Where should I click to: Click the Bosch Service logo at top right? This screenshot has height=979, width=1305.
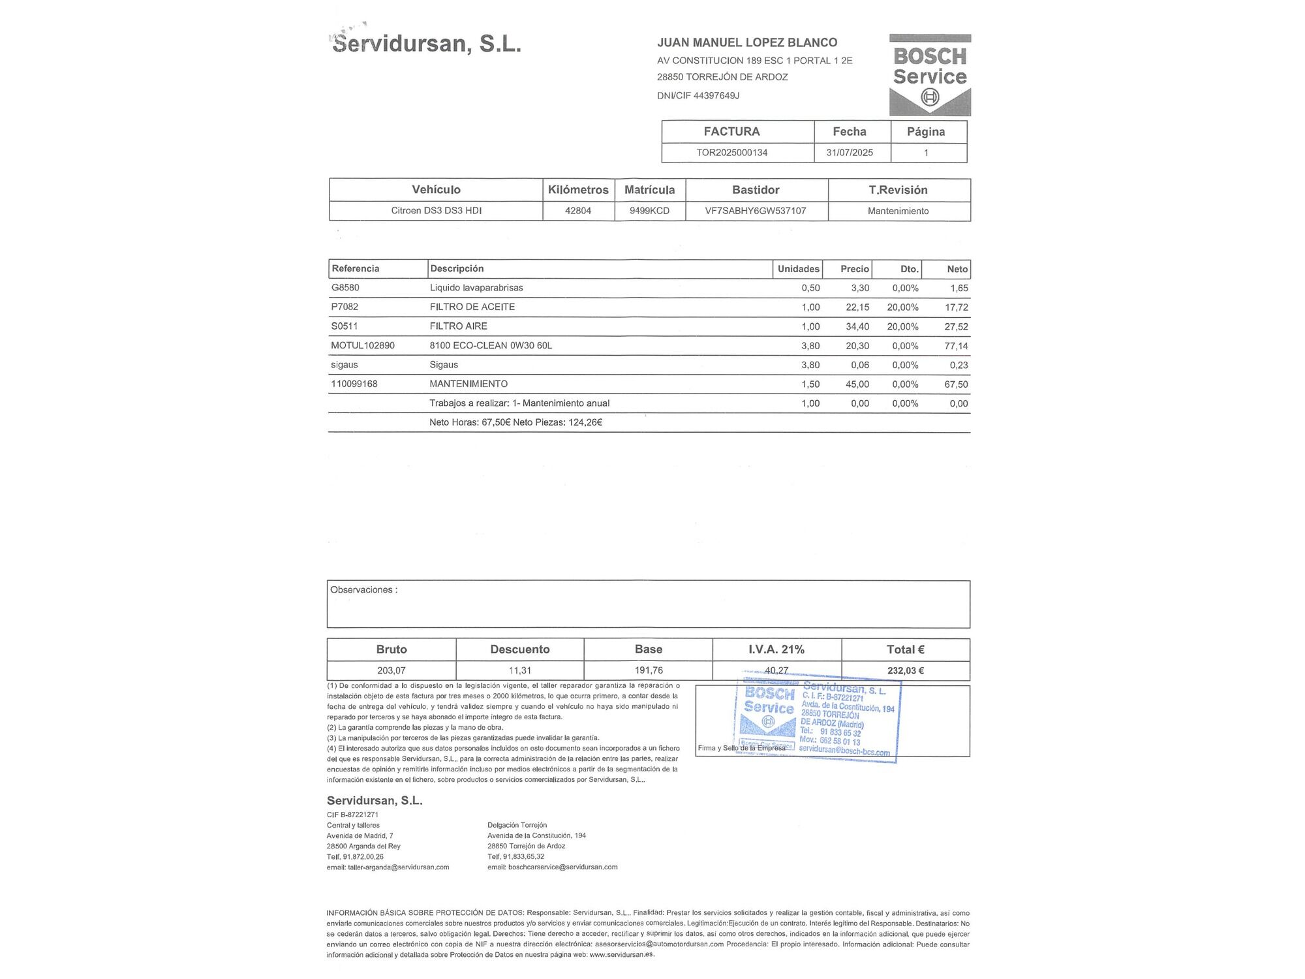coord(929,75)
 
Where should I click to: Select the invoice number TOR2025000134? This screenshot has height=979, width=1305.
coord(731,153)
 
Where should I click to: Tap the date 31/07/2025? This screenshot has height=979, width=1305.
coord(849,153)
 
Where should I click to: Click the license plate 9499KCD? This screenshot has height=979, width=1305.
coord(649,211)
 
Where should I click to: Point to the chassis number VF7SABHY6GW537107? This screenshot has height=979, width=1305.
coord(756,211)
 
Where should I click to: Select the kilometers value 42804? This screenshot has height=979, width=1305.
coord(578,211)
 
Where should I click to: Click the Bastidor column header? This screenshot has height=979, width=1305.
coord(756,190)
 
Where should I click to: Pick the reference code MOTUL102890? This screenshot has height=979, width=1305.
coord(363,345)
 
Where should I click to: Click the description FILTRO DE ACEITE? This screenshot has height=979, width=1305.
coord(472,307)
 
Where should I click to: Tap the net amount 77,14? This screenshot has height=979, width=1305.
coord(956,346)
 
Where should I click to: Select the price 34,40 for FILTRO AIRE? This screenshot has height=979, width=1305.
coord(857,326)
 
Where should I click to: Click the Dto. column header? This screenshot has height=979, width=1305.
coord(909,269)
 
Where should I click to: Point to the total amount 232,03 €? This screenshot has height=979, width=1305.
coord(905,670)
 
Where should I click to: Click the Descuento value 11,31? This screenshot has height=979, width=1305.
coord(519,670)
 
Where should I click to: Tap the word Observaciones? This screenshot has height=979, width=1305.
coord(361,590)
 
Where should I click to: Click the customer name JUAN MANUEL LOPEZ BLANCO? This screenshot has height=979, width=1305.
coord(747,42)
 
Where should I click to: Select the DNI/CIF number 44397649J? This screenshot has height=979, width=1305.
coord(716,95)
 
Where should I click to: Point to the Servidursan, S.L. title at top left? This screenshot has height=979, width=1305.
coord(427,44)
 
